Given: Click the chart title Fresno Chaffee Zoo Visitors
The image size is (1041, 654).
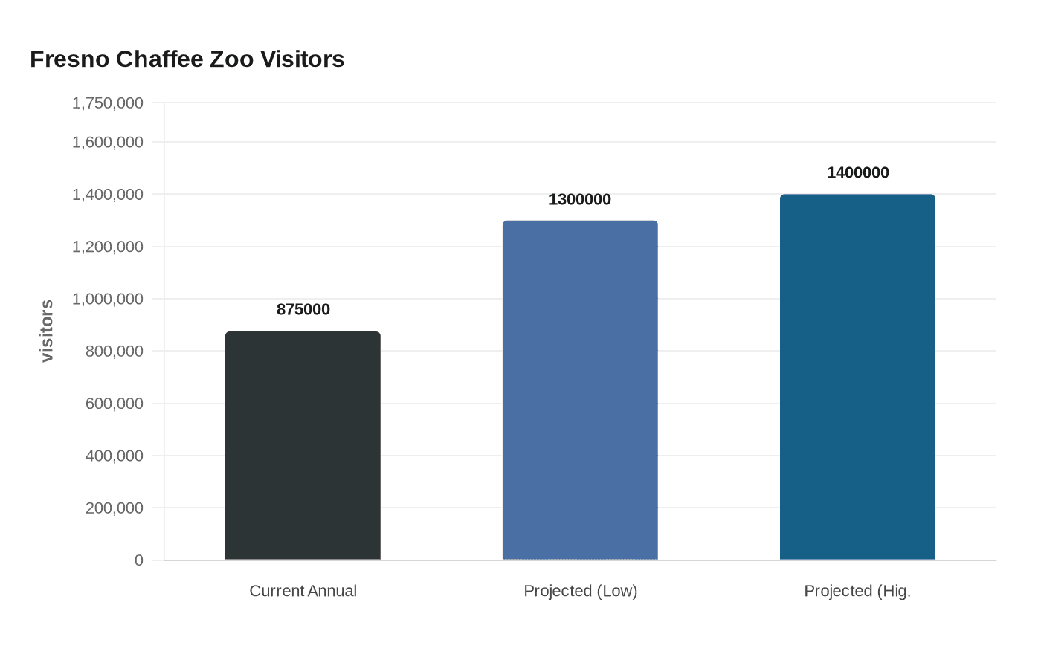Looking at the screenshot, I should pyautogui.click(x=187, y=59).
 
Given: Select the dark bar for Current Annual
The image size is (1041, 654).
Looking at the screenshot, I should pyautogui.click(x=303, y=446).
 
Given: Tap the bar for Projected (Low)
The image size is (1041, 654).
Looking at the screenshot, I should pyautogui.click(x=580, y=390).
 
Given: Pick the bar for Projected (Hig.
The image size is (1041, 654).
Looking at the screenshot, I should pyautogui.click(x=857, y=377).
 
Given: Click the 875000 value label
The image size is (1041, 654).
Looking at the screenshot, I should pyautogui.click(x=303, y=309).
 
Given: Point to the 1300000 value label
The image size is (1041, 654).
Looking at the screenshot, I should pyautogui.click(x=580, y=199).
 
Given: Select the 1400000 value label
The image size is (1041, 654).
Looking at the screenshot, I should pyautogui.click(x=857, y=172).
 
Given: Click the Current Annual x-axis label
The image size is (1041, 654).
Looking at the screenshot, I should pyautogui.click(x=303, y=591).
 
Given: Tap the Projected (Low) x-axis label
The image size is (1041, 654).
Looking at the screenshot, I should pyautogui.click(x=580, y=591).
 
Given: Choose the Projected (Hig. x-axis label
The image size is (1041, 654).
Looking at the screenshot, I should pyautogui.click(x=857, y=591).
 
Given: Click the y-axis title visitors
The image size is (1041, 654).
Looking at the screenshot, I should pyautogui.click(x=47, y=331).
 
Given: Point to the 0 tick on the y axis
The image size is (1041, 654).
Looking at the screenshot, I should pyautogui.click(x=138, y=560).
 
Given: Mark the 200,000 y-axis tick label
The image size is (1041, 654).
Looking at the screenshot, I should pyautogui.click(x=115, y=508).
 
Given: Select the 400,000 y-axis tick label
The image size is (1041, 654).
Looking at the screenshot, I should pyautogui.click(x=115, y=456).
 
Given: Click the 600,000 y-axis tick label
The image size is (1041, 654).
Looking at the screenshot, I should pyautogui.click(x=115, y=404).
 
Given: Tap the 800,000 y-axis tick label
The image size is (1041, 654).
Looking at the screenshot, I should pyautogui.click(x=115, y=352).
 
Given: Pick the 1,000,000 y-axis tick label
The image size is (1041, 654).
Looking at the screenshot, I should pyautogui.click(x=108, y=299).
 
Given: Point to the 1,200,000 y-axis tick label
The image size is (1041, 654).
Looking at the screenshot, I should pyautogui.click(x=108, y=247).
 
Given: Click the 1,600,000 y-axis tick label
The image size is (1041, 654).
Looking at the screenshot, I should pyautogui.click(x=108, y=142).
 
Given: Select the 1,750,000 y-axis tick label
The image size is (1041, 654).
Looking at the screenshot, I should pyautogui.click(x=108, y=103).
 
